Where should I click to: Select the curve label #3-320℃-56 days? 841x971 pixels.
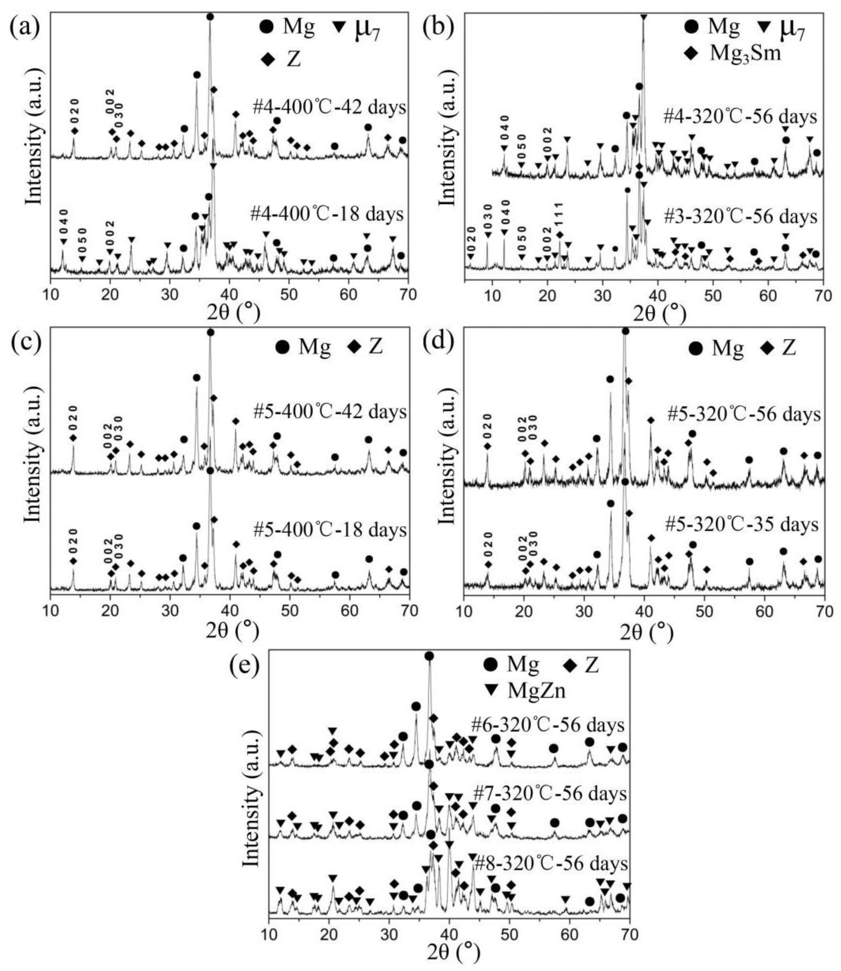point(740,217)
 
